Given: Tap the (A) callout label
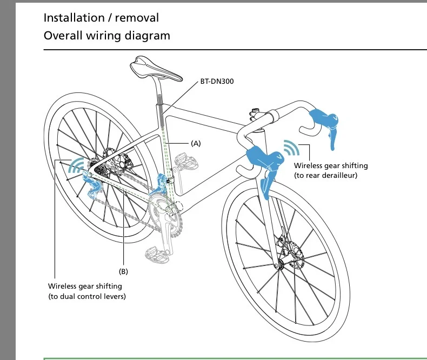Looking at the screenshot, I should (196, 144).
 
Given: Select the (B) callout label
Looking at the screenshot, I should (123, 271).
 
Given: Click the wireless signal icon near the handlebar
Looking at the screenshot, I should (293, 148).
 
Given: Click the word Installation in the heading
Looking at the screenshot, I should (74, 17).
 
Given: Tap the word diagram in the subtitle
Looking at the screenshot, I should (148, 36).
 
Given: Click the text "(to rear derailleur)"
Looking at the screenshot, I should (325, 176).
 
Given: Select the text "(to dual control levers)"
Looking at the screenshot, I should (87, 296).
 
